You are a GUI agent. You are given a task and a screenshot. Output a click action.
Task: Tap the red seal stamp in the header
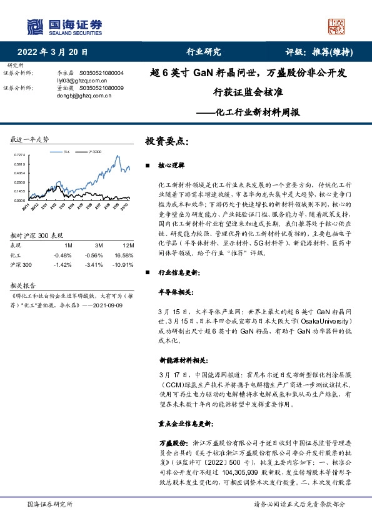click(x=337, y=26)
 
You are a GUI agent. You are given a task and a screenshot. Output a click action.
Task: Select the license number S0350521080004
click(x=102, y=73)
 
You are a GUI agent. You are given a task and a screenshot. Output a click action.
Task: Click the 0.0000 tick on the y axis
click(x=19, y=200)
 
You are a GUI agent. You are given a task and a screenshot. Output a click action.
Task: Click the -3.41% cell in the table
click(x=94, y=264)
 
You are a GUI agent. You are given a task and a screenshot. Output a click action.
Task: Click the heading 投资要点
click(x=167, y=141)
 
